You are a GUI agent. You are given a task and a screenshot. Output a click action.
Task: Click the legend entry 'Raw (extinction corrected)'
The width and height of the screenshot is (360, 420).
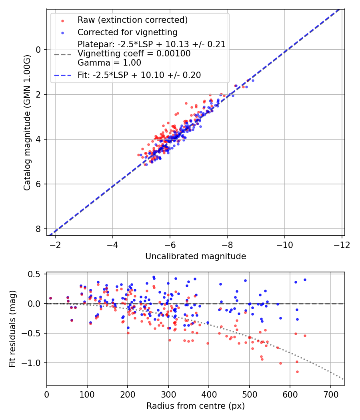click(x=132, y=20)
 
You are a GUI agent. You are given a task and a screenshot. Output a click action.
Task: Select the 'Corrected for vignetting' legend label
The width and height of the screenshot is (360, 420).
click(x=127, y=32)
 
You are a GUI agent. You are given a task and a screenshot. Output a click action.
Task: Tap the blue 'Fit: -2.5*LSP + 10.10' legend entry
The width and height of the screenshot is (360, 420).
click(x=139, y=75)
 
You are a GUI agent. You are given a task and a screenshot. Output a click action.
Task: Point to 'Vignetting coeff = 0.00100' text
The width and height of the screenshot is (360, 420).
click(x=134, y=54)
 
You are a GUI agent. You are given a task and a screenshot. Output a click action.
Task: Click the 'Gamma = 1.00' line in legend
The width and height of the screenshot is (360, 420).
click(x=109, y=63)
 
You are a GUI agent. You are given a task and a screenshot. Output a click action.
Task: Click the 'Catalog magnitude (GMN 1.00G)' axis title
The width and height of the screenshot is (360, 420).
click(x=27, y=122)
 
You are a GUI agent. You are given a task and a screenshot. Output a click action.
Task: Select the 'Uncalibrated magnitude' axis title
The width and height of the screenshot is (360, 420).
click(x=195, y=256)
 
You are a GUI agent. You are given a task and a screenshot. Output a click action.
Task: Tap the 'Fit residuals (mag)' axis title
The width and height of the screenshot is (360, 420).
click(x=12, y=329)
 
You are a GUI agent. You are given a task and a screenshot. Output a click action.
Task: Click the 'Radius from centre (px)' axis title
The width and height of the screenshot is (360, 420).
click(x=195, y=406)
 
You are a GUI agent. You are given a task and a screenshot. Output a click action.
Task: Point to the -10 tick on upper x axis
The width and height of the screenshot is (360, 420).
click(x=284, y=244)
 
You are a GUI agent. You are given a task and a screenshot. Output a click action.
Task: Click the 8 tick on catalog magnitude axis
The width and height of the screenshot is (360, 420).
click(x=38, y=229)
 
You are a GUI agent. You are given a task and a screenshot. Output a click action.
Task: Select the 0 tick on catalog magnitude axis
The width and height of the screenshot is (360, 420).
click(x=38, y=50)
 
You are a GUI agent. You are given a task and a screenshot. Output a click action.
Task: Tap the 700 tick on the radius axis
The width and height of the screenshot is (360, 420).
click(x=330, y=394)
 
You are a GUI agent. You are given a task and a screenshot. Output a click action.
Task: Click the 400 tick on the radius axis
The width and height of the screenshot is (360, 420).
click(x=209, y=394)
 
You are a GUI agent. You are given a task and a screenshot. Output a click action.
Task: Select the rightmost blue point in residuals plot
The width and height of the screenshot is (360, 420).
click(x=305, y=280)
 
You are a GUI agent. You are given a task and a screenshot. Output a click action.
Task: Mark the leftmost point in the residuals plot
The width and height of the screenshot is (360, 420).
click(x=50, y=298)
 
